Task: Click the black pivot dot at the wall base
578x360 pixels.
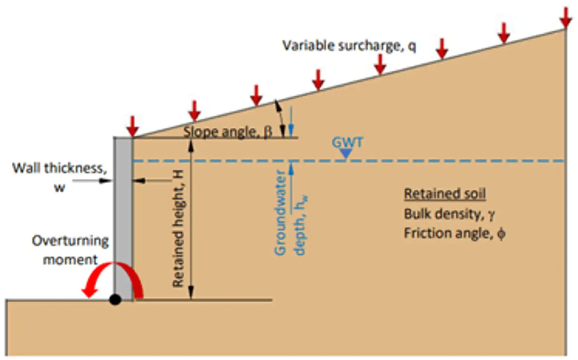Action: (115, 300)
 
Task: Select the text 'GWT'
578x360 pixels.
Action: (347, 142)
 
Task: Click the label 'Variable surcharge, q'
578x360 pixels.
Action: (349, 46)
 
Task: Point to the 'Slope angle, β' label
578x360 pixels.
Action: (228, 132)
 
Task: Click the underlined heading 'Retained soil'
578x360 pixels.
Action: (445, 194)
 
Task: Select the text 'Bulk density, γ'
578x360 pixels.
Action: (449, 214)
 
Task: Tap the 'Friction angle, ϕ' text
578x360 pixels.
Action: (454, 234)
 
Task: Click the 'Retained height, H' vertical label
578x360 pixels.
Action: (178, 229)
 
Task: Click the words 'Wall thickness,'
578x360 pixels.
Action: (59, 168)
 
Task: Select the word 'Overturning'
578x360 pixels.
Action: (70, 241)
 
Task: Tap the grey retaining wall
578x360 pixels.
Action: (123, 219)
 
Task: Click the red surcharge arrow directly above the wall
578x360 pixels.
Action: (132, 126)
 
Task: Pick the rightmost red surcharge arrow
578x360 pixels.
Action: (566, 18)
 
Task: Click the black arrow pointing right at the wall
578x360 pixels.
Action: (92, 181)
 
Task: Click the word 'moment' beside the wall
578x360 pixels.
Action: (70, 260)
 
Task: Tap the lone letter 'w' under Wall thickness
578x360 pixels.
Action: (59, 187)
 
